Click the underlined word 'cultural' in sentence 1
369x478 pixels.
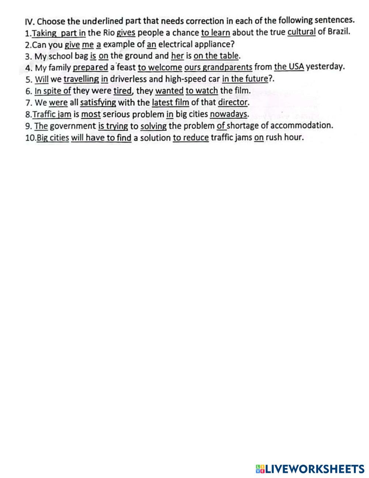tap(301, 32)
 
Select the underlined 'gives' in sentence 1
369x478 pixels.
tap(126, 33)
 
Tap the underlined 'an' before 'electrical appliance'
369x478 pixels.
tap(151, 45)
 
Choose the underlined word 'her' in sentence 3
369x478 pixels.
tap(177, 56)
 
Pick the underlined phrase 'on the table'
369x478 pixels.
tap(216, 56)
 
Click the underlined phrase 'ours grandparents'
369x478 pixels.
tap(218, 67)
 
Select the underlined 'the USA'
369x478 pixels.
tap(289, 67)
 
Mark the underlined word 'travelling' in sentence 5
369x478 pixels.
tap(81, 79)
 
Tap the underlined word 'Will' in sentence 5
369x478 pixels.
tap(42, 79)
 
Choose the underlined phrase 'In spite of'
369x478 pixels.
tap(52, 91)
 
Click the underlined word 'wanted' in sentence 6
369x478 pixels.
tap(169, 91)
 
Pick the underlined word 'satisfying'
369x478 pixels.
tap(98, 102)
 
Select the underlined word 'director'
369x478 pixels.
tap(232, 102)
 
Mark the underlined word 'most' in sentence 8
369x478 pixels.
tap(91, 114)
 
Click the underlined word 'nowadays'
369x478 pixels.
tap(228, 114)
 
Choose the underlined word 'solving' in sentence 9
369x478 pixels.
tap(154, 126)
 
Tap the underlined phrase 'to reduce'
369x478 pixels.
tap(191, 138)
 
